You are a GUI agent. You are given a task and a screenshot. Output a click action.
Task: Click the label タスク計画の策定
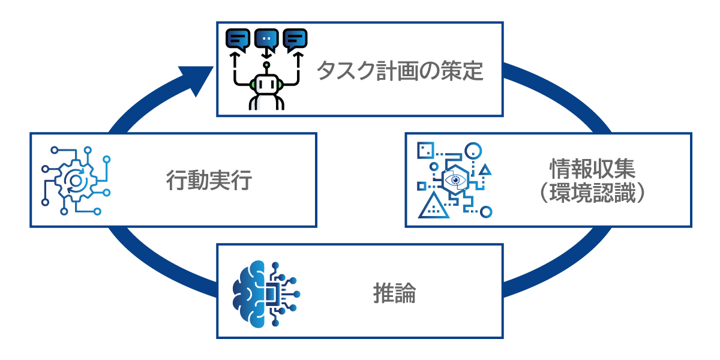[x=400, y=71]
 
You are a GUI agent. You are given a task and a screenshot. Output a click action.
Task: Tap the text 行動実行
[x=208, y=180]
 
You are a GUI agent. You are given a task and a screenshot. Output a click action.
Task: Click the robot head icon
[x=266, y=83]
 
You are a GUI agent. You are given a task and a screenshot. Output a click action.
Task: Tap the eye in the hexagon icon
[x=455, y=179]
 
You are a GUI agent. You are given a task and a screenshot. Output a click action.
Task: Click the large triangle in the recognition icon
[x=433, y=205]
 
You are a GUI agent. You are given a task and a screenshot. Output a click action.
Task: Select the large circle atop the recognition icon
[x=474, y=151]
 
